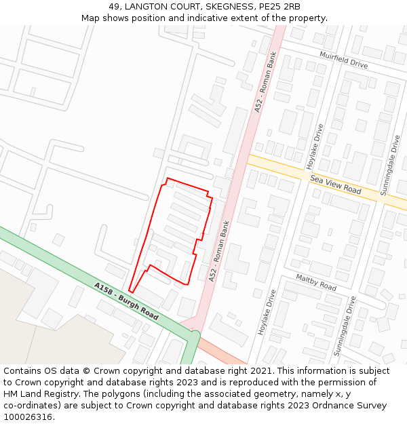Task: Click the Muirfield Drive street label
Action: tap(343, 59)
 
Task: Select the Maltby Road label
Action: tap(316, 282)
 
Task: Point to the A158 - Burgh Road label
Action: tap(127, 301)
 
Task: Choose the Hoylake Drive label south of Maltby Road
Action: tap(267, 311)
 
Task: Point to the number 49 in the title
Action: tap(114, 6)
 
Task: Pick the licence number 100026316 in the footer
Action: tap(28, 417)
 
